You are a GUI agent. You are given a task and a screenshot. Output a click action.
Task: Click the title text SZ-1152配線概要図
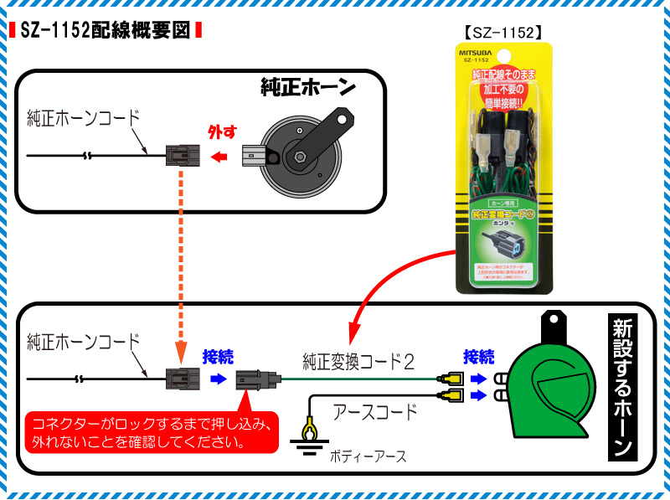105,32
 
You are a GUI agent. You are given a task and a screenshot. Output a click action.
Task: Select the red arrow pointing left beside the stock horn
221,157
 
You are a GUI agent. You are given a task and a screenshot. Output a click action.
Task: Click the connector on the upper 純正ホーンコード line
182,156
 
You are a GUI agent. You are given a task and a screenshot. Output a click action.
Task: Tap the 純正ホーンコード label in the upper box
83,117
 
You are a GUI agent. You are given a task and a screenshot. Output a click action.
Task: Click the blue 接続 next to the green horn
478,356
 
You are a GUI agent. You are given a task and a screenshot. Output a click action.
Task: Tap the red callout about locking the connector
151,432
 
